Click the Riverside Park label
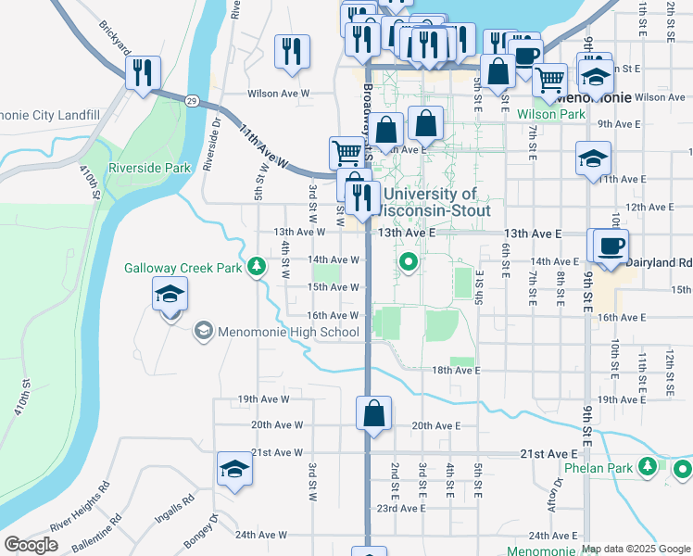point(149,168)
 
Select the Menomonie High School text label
point(288,332)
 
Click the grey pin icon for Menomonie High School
point(203,331)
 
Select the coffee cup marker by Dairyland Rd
point(610,247)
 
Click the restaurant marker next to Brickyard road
point(143,73)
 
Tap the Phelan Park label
point(598,468)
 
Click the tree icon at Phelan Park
point(651,467)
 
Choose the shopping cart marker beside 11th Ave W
point(347,152)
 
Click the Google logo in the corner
point(31,544)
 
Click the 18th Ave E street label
point(454,370)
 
